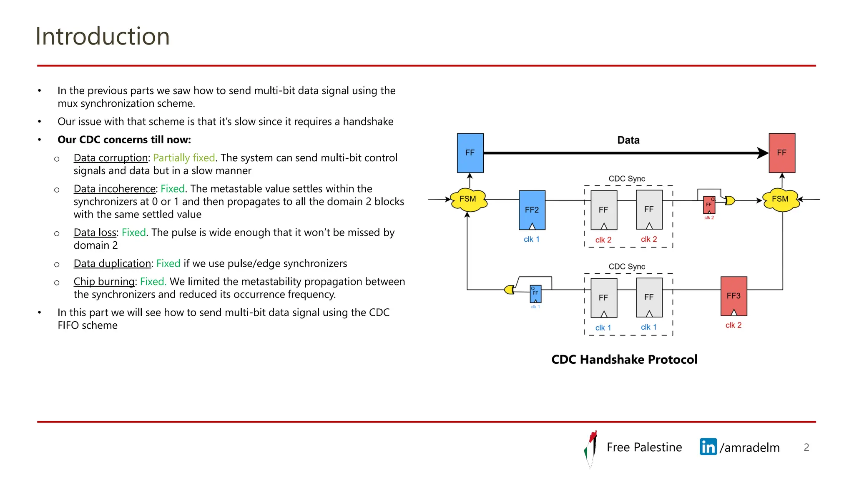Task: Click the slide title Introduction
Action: [103, 36]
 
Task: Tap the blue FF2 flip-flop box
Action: [532, 210]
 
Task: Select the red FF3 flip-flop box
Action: [733, 296]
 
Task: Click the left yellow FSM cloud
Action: [468, 199]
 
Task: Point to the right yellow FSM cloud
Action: [780, 199]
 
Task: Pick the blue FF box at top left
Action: [470, 152]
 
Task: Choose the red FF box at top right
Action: [781, 152]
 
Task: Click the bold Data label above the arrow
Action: [628, 140]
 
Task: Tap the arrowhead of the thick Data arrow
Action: [763, 153]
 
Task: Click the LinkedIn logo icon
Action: [708, 447]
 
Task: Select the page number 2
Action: [806, 447]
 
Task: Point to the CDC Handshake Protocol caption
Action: [624, 359]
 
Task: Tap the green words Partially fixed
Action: [184, 158]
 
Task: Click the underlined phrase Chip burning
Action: [104, 282]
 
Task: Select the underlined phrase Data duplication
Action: [112, 263]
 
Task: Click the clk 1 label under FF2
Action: [531, 239]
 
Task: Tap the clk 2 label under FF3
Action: [733, 325]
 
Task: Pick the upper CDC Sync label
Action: [626, 179]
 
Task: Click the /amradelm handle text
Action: [749, 447]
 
